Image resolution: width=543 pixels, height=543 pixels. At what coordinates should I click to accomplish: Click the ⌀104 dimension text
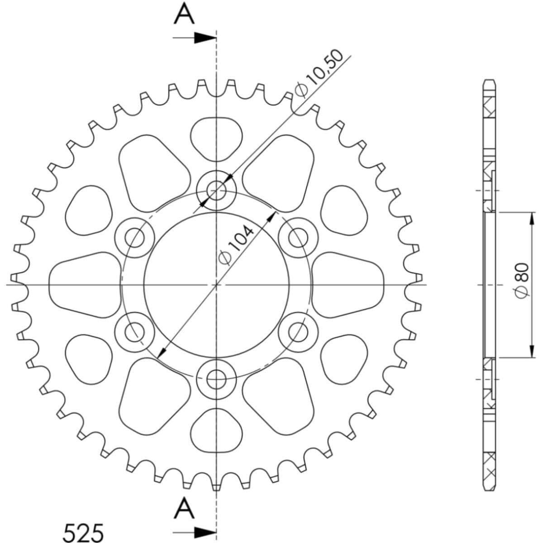click(x=237, y=245)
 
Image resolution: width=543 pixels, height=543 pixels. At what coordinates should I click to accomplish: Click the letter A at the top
click(x=184, y=14)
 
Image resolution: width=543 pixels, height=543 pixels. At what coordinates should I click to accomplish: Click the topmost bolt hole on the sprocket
click(x=217, y=191)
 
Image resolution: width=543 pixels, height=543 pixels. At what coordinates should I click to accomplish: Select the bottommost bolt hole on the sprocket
click(x=217, y=379)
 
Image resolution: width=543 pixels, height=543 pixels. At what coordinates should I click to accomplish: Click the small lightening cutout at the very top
click(x=217, y=138)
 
